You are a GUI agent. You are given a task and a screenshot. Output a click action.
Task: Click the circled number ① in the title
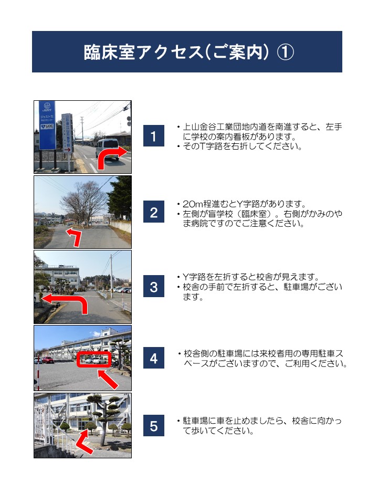(285, 52)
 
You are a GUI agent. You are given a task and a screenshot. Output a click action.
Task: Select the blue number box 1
(154, 136)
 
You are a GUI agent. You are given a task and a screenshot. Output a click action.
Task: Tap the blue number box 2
(154, 212)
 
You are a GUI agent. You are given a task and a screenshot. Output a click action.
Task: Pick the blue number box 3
(154, 287)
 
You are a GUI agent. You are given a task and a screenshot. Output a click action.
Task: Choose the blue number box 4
(154, 358)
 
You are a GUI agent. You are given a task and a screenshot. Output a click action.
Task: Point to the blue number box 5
(154, 426)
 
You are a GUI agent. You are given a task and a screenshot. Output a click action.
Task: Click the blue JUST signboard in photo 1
(47, 125)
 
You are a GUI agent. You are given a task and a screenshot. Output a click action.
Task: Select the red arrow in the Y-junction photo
(75, 237)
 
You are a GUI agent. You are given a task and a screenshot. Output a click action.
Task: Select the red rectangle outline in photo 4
(94, 359)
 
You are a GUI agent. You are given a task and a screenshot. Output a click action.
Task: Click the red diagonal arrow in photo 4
(108, 379)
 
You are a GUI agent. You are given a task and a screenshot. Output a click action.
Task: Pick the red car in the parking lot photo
(48, 360)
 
